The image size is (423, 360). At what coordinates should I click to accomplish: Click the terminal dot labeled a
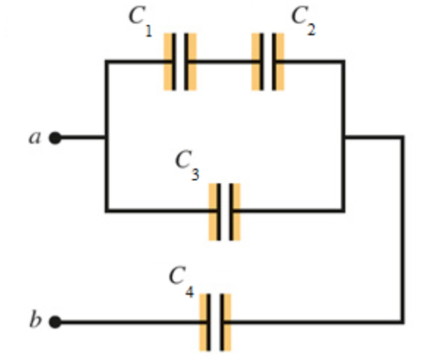(x=55, y=138)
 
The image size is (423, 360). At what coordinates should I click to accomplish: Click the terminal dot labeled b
(x=55, y=322)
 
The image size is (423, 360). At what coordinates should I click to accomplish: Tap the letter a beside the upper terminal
(x=35, y=137)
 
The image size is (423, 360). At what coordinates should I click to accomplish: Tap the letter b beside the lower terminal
(x=36, y=319)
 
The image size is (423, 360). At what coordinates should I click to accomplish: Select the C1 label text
(x=140, y=21)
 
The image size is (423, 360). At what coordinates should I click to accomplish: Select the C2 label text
(x=304, y=20)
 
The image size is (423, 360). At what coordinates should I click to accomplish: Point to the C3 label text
(x=187, y=165)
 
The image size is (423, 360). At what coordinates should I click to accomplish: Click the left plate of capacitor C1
(x=174, y=62)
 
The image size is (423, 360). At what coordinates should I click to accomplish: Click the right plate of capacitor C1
(x=186, y=62)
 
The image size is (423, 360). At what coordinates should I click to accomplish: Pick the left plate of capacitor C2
(x=261, y=62)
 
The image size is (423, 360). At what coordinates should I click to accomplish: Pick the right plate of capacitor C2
(x=274, y=62)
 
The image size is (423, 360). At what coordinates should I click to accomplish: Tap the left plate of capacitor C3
(x=218, y=211)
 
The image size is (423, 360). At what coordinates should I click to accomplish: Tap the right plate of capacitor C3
(x=231, y=211)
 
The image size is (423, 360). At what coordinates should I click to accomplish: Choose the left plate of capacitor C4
(x=208, y=322)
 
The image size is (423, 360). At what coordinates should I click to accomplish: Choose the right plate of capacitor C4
(x=222, y=322)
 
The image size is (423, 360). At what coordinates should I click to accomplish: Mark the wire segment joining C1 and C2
(x=224, y=62)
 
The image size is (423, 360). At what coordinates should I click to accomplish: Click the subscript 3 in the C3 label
(x=196, y=174)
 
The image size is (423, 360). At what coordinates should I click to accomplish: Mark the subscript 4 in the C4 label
(x=190, y=292)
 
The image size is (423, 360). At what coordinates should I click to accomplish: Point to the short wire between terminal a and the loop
(x=83, y=138)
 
